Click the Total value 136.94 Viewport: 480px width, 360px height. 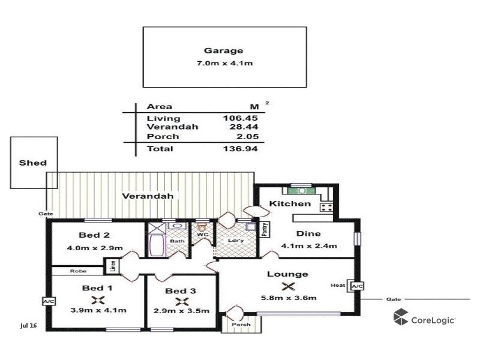point(243,148)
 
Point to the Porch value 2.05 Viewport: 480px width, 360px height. point(248,136)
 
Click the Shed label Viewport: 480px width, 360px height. point(32,163)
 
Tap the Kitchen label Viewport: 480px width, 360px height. point(290,203)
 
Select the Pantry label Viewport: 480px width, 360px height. point(264,229)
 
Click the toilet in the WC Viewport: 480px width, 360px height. point(202,227)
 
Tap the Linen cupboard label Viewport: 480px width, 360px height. point(112,265)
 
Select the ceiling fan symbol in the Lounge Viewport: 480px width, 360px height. point(289,286)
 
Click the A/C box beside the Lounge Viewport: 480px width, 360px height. point(357,286)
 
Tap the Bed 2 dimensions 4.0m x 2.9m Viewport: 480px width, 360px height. point(95,248)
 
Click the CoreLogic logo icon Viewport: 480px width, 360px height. point(401,317)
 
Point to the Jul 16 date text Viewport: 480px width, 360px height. point(29,326)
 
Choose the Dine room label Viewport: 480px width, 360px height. point(308,233)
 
